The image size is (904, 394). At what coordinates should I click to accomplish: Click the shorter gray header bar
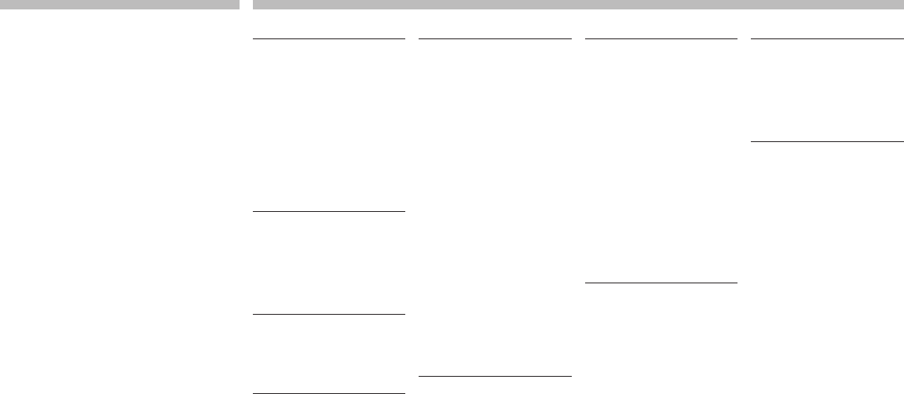[x=119, y=4]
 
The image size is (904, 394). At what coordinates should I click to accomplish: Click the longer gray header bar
[x=577, y=4]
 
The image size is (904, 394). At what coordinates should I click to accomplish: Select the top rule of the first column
[x=329, y=38]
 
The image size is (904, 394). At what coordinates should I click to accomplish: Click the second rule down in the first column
[x=329, y=211]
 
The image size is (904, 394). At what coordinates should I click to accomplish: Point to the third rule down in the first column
[x=329, y=314]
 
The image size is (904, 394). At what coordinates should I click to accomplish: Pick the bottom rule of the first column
[x=329, y=392]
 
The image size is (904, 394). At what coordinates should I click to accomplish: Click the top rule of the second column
[x=495, y=38]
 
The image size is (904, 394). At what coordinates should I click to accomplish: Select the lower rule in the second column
[x=495, y=376]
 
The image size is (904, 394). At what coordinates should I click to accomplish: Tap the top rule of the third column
[x=661, y=38]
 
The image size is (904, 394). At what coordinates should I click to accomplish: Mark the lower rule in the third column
[x=661, y=282]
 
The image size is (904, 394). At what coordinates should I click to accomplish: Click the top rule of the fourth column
[x=827, y=38]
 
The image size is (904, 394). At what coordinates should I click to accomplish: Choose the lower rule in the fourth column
[x=827, y=141]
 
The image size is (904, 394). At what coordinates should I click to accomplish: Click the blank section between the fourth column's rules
[x=827, y=90]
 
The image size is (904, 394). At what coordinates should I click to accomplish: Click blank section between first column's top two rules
[x=329, y=125]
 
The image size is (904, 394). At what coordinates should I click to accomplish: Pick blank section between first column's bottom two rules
[x=329, y=353]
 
